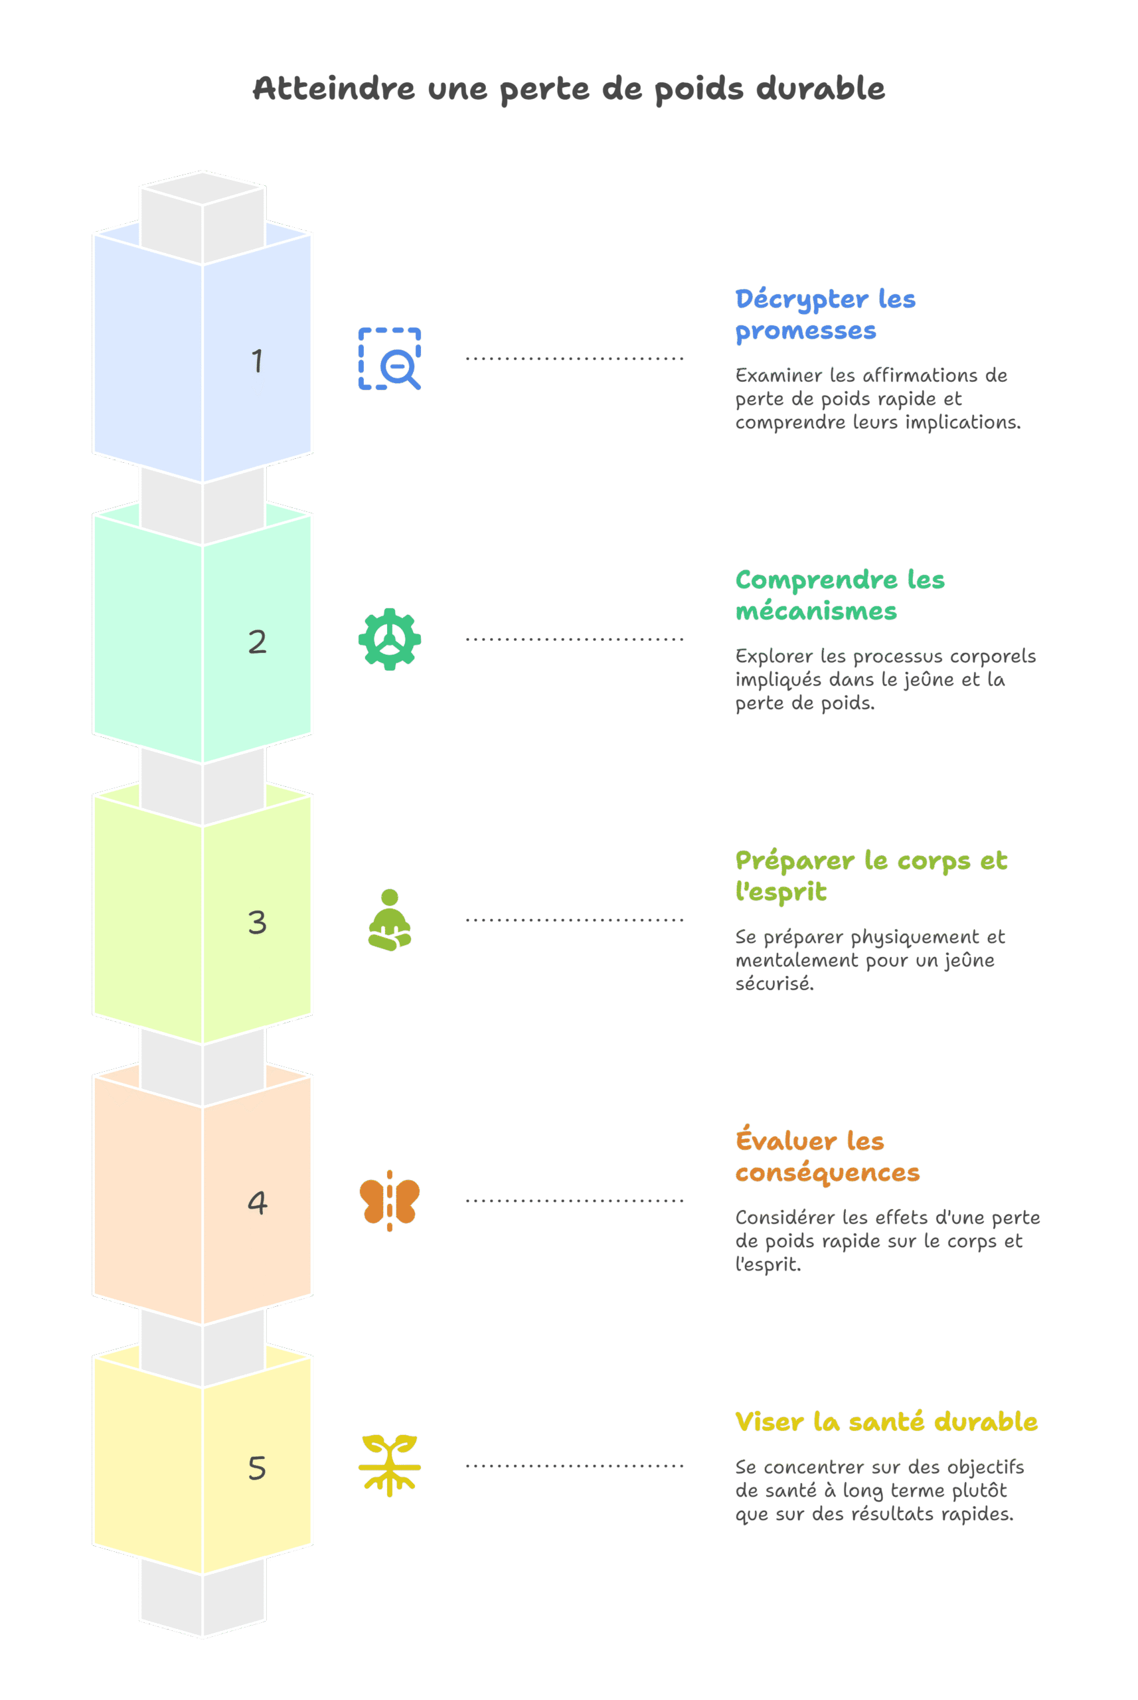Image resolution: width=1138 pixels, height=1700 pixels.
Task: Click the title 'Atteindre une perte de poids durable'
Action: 568,88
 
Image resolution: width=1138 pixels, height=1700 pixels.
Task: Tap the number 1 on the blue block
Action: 257,361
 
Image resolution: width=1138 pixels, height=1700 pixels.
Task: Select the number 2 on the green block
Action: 257,641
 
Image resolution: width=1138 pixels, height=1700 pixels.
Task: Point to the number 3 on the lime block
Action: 257,922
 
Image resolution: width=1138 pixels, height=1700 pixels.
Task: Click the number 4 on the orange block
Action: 257,1203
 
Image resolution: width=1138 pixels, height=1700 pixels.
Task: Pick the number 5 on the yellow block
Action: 257,1468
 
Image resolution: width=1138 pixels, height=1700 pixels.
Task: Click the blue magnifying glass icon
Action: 390,359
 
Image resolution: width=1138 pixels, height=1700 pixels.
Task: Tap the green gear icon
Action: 390,639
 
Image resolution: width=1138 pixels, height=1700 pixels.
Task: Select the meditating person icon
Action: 390,920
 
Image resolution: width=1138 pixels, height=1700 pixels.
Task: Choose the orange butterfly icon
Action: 390,1201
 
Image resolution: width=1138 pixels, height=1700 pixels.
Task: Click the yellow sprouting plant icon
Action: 390,1465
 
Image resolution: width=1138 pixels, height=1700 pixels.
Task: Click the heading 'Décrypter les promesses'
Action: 825,314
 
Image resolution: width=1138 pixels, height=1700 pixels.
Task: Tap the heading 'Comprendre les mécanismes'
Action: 840,595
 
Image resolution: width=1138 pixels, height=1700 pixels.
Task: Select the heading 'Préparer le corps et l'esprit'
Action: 871,876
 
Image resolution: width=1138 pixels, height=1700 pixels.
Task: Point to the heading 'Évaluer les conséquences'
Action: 827,1155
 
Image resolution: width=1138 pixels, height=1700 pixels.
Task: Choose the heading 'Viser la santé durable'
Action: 886,1421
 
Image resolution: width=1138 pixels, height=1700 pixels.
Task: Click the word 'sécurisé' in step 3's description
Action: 774,983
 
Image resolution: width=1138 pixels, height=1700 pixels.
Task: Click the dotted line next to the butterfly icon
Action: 574,1201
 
